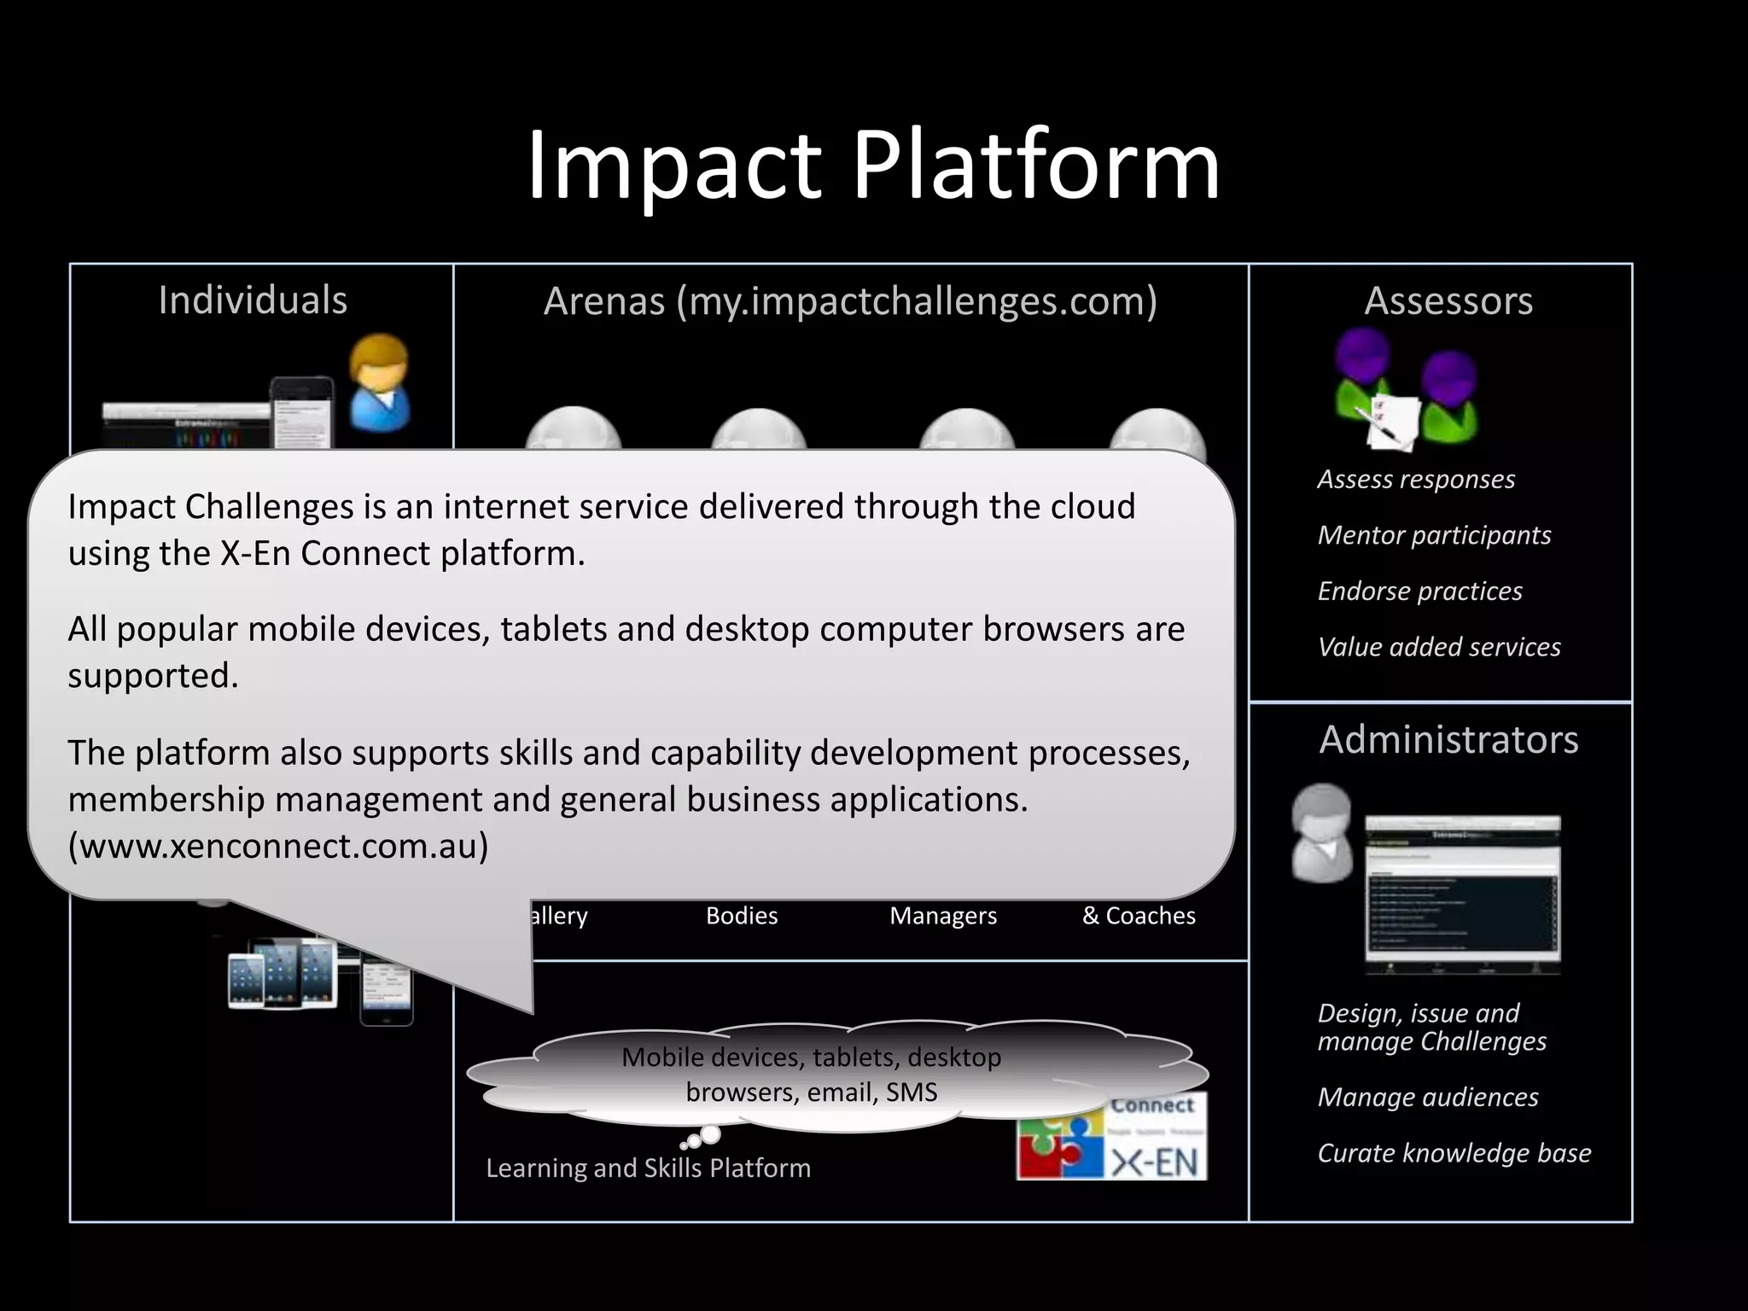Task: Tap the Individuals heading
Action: [x=253, y=300]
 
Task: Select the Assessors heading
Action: [x=1448, y=300]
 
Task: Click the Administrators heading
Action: [x=1448, y=739]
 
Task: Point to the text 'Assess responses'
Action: [x=1416, y=480]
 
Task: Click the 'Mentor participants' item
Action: [x=1434, y=535]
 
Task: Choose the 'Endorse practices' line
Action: [x=1419, y=591]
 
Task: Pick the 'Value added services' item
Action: [x=1439, y=647]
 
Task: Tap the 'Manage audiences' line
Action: [x=1428, y=1097]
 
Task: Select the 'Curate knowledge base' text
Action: [x=1454, y=1153]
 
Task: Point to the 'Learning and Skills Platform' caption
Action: [x=649, y=1168]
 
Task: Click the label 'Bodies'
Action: [x=742, y=916]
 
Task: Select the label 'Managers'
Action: [x=943, y=916]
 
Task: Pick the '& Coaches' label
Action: [x=1139, y=916]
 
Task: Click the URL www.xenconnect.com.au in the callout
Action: [x=278, y=846]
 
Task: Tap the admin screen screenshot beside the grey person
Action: [x=1462, y=894]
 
